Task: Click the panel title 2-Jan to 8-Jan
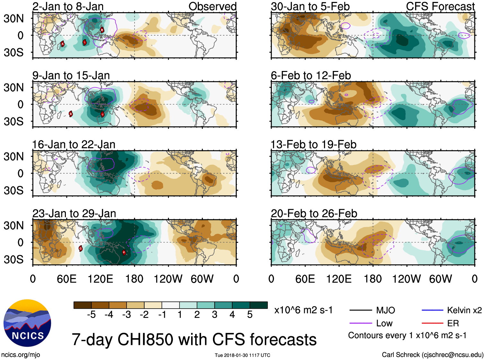click(68, 6)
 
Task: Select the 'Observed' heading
click(212, 6)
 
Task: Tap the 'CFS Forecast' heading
click(440, 6)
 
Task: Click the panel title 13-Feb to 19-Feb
click(313, 145)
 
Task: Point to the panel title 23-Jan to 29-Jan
click(74, 214)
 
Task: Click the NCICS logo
click(27, 323)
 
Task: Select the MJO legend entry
click(385, 310)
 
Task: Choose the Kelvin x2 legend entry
click(464, 310)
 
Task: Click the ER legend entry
click(453, 323)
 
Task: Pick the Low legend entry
click(384, 323)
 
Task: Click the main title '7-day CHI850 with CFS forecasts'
click(194, 340)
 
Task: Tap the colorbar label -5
click(91, 315)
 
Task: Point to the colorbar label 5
click(250, 315)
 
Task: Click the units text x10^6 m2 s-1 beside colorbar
click(303, 310)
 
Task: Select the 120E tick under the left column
click(101, 279)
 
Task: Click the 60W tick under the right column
click(440, 279)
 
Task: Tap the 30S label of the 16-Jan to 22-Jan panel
click(13, 190)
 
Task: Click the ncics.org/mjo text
click(21, 355)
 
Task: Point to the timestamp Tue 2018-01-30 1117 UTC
click(242, 355)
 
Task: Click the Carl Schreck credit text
click(432, 355)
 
